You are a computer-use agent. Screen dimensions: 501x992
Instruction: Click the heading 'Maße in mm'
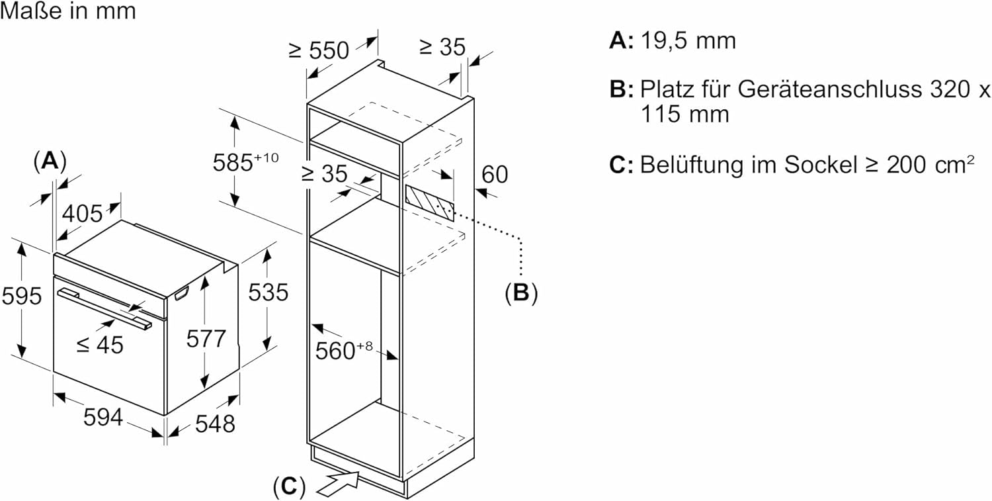coord(68,11)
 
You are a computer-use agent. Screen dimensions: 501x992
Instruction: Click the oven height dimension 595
coord(21,296)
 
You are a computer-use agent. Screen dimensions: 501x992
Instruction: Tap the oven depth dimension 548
coord(215,424)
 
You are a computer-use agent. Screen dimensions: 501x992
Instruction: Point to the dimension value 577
coord(206,340)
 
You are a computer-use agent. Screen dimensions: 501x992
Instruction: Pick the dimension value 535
coord(268,292)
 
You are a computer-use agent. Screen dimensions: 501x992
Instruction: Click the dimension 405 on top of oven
coord(83,213)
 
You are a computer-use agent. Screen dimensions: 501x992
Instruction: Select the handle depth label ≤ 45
coord(99,344)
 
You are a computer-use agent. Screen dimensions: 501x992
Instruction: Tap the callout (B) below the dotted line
coord(521,293)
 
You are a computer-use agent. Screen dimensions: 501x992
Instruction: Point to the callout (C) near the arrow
coord(289,486)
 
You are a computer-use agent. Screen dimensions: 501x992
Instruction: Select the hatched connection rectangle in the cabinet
coord(430,202)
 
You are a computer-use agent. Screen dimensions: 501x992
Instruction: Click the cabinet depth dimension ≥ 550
coord(318,50)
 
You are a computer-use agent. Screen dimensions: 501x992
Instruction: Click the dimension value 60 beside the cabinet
coord(495,174)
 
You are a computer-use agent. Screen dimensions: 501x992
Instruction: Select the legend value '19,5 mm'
coord(688,41)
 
